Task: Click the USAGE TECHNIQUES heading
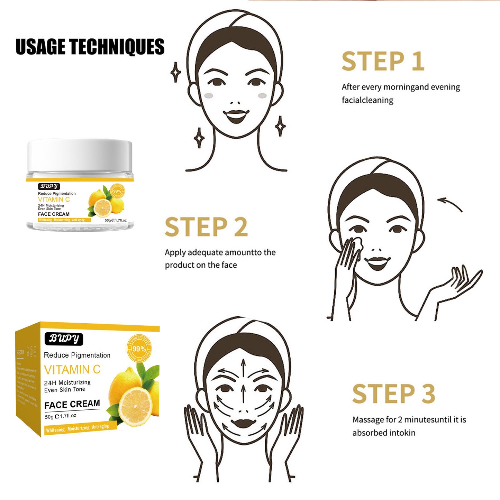tap(90, 47)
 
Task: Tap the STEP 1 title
tap(383, 62)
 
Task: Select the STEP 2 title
tap(206, 227)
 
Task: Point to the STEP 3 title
tap(393, 394)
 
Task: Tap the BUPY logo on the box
tap(64, 339)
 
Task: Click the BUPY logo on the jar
tap(49, 186)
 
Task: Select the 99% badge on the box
tap(139, 349)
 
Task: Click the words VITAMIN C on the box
tap(72, 370)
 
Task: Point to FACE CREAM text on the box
tap(72, 404)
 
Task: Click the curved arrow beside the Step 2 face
tap(450, 204)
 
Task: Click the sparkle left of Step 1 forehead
tap(176, 72)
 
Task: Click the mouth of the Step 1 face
tap(236, 115)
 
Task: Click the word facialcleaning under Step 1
tap(367, 100)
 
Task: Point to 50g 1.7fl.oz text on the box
tap(61, 416)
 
